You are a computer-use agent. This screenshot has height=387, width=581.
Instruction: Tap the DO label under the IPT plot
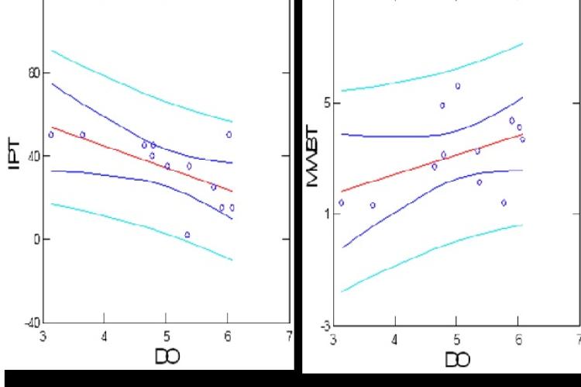(x=167, y=355)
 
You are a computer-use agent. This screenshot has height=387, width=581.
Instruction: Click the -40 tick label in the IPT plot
(x=31, y=322)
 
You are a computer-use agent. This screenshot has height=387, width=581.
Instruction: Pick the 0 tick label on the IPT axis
(x=36, y=239)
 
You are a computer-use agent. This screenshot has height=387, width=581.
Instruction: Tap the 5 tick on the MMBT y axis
(x=328, y=103)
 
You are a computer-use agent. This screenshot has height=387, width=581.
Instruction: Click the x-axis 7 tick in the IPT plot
(x=288, y=335)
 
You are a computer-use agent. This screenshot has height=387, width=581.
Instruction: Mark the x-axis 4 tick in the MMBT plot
(x=394, y=339)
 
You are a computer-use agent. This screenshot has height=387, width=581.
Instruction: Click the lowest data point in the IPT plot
(x=187, y=234)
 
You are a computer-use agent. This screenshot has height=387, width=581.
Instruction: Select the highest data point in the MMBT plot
(x=457, y=86)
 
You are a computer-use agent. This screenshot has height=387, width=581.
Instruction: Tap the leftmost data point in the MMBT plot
(x=341, y=202)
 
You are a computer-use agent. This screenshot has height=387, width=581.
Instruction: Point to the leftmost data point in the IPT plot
(x=51, y=134)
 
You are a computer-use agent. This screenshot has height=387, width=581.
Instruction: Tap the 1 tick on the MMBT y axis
(x=328, y=214)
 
